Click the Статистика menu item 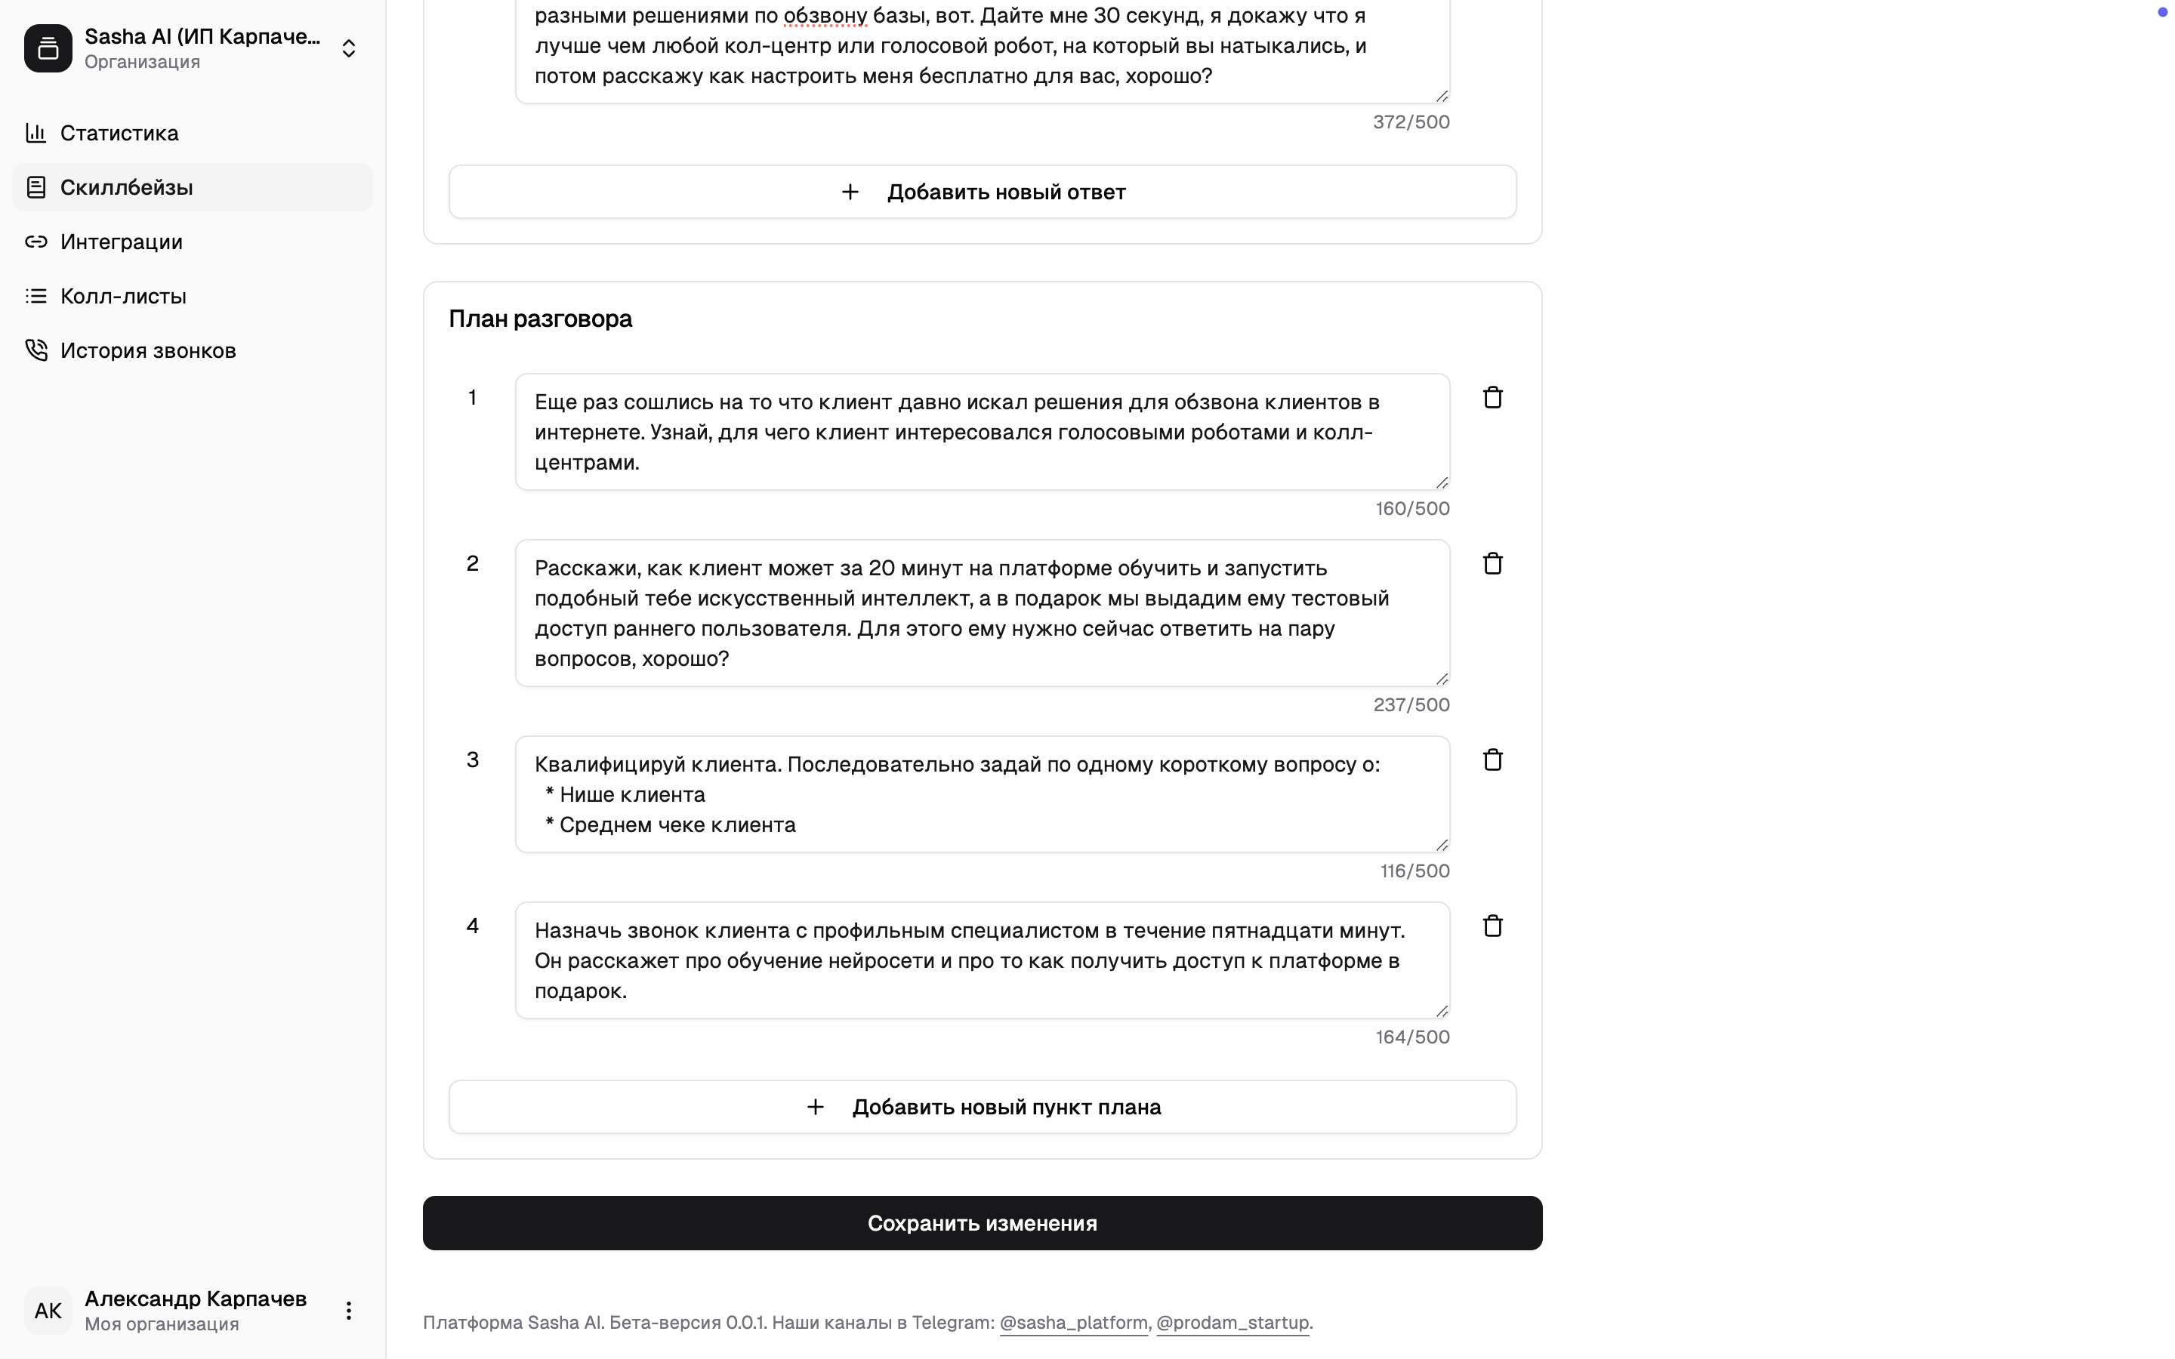[x=119, y=133]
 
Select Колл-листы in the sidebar [x=122, y=297]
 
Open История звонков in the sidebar [x=147, y=350]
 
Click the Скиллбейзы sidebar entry [x=126, y=188]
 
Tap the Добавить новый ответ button [x=983, y=193]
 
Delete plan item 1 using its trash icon [x=1492, y=397]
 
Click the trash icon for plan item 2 [x=1492, y=563]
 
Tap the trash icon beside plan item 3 [x=1492, y=760]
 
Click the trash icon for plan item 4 [x=1492, y=926]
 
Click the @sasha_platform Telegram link [x=1073, y=1323]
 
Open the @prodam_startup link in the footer [x=1232, y=1323]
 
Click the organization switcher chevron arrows [x=349, y=48]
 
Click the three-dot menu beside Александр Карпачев [x=349, y=1311]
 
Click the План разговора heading [x=540, y=319]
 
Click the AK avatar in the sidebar [x=48, y=1311]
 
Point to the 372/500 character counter [x=1411, y=122]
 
